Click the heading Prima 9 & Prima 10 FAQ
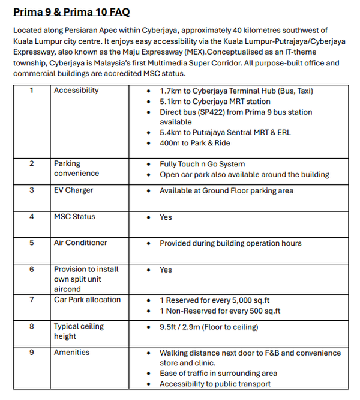click(71, 12)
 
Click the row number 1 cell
click(31, 91)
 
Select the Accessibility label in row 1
click(76, 91)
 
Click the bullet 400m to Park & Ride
click(194, 143)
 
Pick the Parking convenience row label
click(76, 168)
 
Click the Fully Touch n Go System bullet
click(202, 164)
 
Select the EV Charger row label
click(73, 190)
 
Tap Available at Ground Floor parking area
click(226, 191)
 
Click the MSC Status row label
click(74, 217)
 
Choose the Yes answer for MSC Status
click(166, 217)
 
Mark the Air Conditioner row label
click(80, 243)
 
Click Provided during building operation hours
click(230, 243)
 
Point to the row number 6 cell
click(32, 270)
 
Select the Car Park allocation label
click(87, 300)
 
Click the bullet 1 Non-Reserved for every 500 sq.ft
click(220, 311)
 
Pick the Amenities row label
click(71, 353)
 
